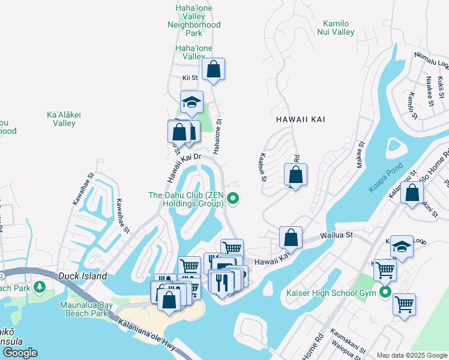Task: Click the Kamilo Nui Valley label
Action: click(x=336, y=28)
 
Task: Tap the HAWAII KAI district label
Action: click(x=301, y=119)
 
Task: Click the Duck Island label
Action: click(x=83, y=277)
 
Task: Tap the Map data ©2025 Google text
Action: click(x=411, y=355)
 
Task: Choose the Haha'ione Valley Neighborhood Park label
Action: click(x=194, y=16)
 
